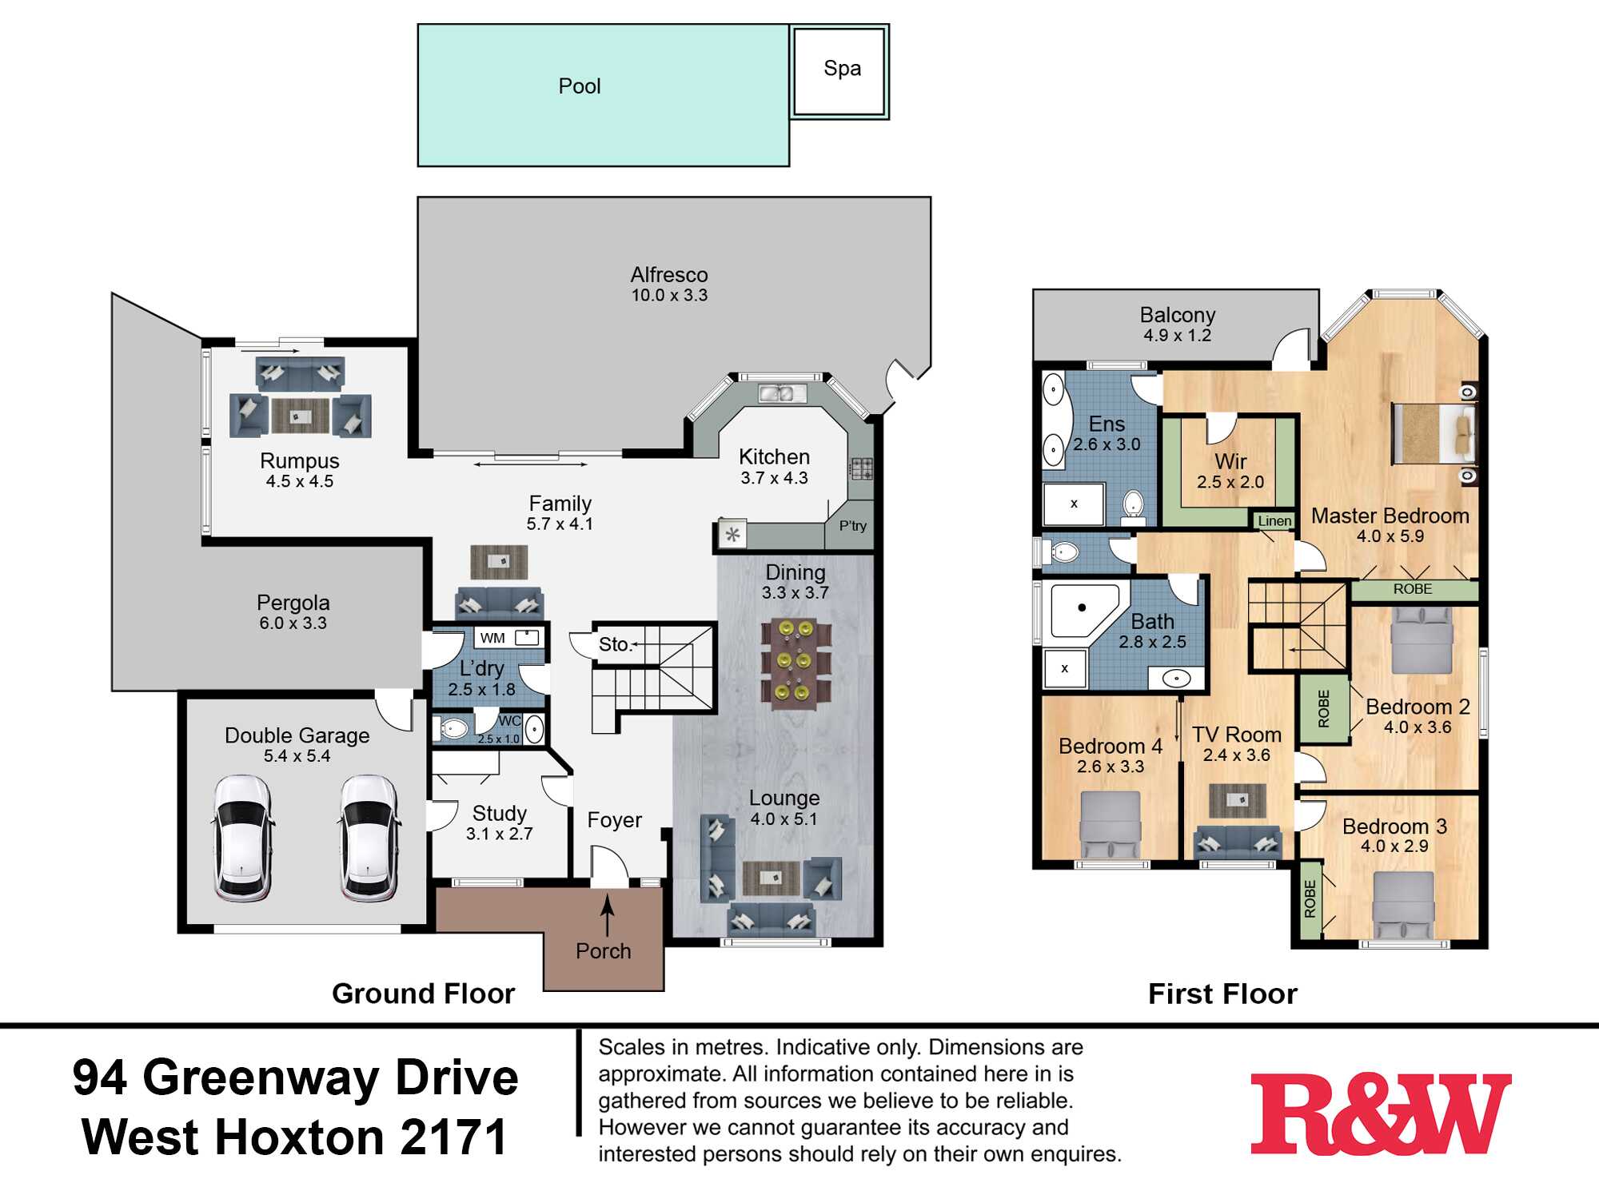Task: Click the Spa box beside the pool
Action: click(839, 71)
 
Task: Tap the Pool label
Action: click(580, 86)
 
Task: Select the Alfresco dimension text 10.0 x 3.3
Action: click(669, 296)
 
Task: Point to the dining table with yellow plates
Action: click(796, 663)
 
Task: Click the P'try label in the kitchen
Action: click(852, 526)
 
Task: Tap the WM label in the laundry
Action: click(492, 638)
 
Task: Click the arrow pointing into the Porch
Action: click(608, 915)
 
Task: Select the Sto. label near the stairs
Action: click(614, 644)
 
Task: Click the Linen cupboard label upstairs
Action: click(1274, 521)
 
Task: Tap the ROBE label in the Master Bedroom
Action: click(1413, 589)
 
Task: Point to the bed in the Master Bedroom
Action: click(1434, 434)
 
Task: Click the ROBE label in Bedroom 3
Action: click(1310, 898)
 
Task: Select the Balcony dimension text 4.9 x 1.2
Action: click(1177, 336)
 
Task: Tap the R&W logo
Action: click(1381, 1113)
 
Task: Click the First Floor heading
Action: click(1222, 994)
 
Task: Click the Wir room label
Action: click(1230, 461)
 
